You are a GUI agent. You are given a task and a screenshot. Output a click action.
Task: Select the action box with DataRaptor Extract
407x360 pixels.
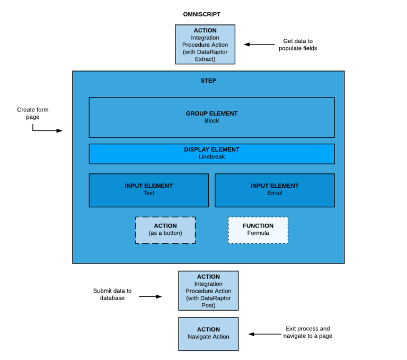click(205, 45)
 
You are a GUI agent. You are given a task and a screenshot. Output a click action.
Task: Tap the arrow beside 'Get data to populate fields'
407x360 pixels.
click(259, 45)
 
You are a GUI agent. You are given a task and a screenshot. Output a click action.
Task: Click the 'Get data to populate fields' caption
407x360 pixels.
click(297, 45)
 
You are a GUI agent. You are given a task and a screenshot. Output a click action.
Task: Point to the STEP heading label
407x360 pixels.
click(208, 81)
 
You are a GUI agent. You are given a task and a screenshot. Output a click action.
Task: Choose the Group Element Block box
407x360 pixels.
click(211, 117)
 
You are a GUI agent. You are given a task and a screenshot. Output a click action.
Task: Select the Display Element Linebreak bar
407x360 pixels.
click(211, 154)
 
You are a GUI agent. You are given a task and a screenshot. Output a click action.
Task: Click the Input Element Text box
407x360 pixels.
click(148, 190)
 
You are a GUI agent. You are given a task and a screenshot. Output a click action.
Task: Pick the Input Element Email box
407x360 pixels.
click(275, 190)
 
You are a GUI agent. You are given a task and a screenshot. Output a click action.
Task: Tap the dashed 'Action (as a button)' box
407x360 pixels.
click(165, 230)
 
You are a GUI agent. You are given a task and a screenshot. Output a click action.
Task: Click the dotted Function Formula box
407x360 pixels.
click(258, 230)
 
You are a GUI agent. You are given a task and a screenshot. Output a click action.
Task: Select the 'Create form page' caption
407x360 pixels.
click(33, 113)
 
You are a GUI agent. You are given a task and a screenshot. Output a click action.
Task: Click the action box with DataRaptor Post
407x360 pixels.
click(208, 291)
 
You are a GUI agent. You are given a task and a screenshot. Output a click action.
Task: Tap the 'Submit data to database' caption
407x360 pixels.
click(112, 294)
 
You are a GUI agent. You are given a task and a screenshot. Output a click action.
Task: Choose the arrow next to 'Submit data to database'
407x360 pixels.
click(151, 297)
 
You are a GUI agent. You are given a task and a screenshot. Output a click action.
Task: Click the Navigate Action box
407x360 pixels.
click(208, 333)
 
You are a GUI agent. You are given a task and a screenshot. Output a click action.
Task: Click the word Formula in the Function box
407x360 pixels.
click(258, 233)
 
